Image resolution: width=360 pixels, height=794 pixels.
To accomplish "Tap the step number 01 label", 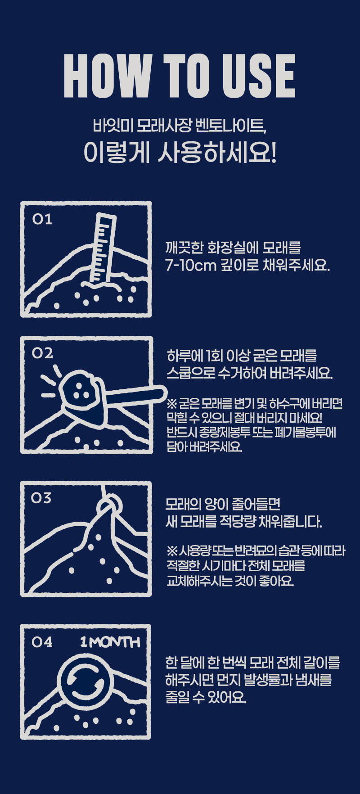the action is pyautogui.click(x=42, y=219).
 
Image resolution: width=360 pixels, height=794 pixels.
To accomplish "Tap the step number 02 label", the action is pyautogui.click(x=42, y=353).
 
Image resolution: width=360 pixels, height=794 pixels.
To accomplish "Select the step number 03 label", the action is pyautogui.click(x=41, y=498).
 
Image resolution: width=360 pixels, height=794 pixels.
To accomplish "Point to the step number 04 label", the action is pyautogui.click(x=42, y=641).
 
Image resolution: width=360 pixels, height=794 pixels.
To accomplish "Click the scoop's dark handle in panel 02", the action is pyautogui.click(x=135, y=396).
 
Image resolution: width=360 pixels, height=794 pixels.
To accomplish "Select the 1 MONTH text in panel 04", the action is pyautogui.click(x=110, y=642).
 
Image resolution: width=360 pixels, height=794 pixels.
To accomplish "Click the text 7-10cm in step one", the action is pyautogui.click(x=191, y=266).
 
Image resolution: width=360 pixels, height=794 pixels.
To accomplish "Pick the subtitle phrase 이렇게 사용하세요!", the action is pyautogui.click(x=180, y=153).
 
